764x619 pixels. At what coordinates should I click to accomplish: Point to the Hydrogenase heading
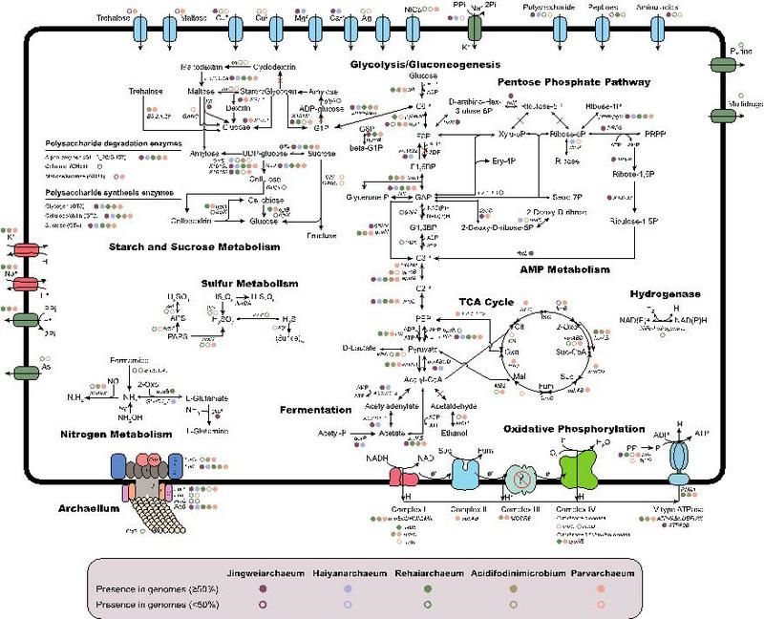(x=666, y=295)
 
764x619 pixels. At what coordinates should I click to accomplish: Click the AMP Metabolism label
(x=564, y=270)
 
